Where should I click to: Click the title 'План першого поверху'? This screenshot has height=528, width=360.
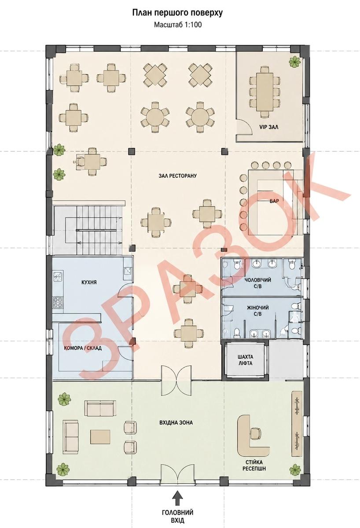point(177,13)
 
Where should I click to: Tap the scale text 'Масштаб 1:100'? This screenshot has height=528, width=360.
point(178,25)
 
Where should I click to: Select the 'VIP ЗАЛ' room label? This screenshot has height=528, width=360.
point(269,127)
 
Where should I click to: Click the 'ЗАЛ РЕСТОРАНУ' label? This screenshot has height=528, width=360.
point(177,176)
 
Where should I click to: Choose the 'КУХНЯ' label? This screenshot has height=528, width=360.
point(89,282)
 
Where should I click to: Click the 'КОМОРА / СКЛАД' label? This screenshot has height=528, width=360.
point(83,348)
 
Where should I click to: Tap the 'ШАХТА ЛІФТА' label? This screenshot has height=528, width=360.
point(245,360)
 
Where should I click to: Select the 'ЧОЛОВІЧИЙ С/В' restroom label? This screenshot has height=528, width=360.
point(258,283)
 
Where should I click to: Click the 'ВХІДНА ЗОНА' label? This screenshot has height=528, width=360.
point(176,423)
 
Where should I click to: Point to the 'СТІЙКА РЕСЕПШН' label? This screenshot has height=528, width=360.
point(254,466)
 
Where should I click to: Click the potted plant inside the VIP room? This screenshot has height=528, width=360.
point(295,62)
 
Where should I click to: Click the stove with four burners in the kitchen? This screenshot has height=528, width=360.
point(58,302)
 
